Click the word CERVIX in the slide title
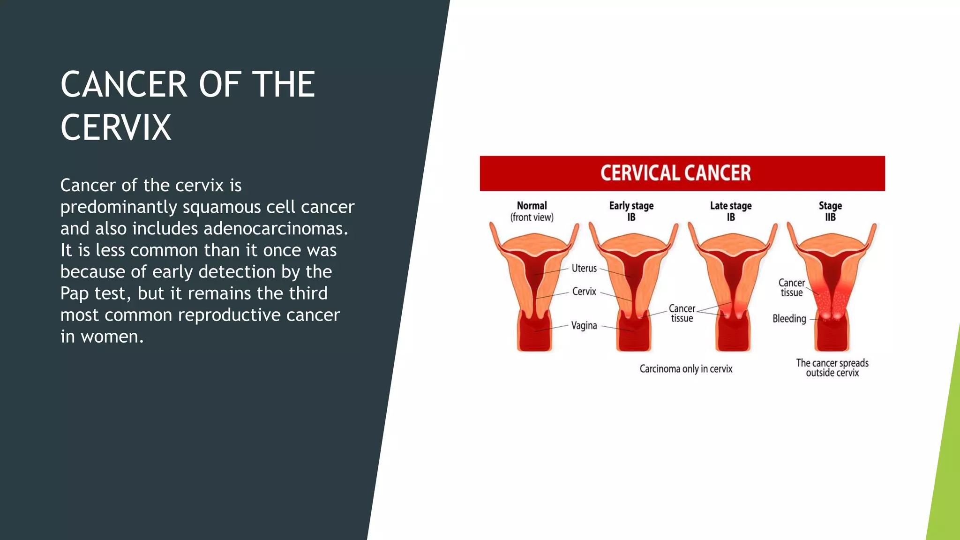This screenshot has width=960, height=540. tap(116, 127)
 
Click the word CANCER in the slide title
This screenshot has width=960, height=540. tap(124, 85)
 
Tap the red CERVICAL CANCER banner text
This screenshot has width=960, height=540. tap(675, 173)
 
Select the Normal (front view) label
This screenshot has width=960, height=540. tap(532, 211)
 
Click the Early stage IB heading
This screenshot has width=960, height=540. tap(631, 211)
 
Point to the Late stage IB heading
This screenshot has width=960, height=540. tap(730, 211)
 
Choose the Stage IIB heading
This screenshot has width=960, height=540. tap(830, 211)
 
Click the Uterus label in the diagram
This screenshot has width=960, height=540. tap(584, 269)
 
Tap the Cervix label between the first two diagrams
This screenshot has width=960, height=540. tap(584, 292)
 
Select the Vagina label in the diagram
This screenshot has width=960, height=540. tap(584, 325)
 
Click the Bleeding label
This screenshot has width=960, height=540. tap(789, 319)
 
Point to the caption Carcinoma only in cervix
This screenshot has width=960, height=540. tap(686, 369)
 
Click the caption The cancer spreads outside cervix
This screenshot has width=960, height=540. tap(832, 368)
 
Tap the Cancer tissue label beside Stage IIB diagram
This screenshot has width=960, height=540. tap(791, 288)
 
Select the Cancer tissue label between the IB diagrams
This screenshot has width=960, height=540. tap(682, 313)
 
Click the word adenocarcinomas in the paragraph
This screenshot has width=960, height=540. tap(276, 229)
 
